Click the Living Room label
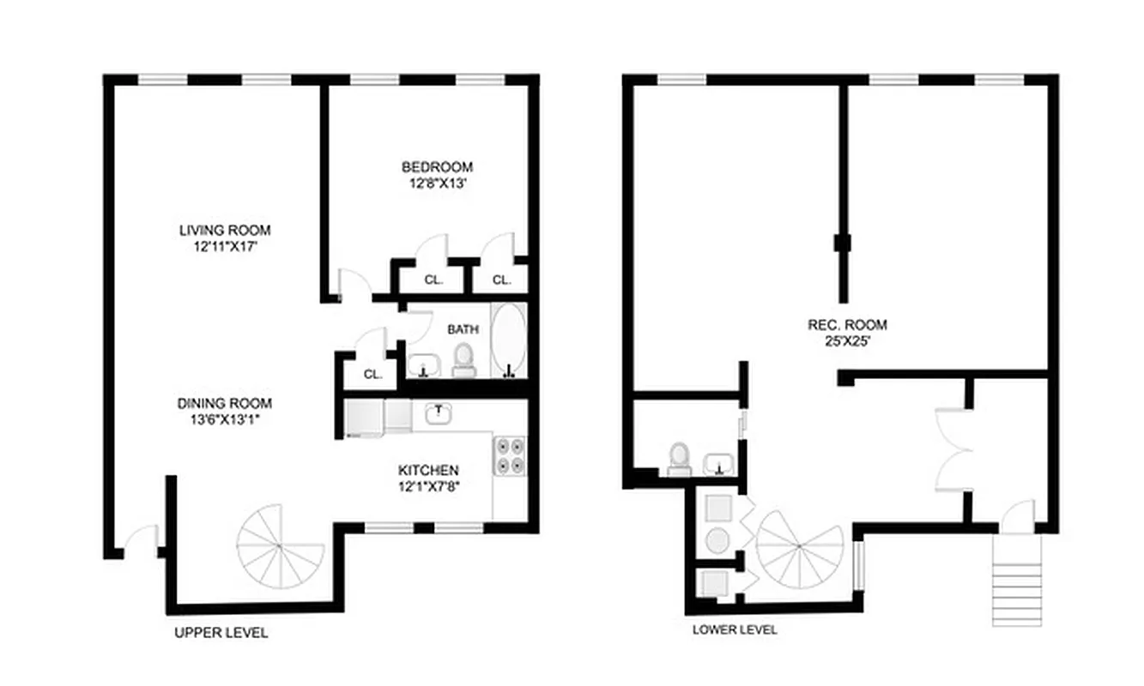tap(225, 230)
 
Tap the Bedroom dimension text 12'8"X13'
tap(437, 183)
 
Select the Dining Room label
tap(225, 403)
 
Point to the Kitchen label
tap(428, 470)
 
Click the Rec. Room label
tap(847, 325)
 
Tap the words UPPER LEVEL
tap(221, 633)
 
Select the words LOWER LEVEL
tap(735, 629)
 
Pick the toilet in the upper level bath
tap(463, 359)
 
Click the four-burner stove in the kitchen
tap(510, 454)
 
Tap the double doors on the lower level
tap(953, 446)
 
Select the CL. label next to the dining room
tap(372, 375)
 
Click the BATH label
tap(463, 329)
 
